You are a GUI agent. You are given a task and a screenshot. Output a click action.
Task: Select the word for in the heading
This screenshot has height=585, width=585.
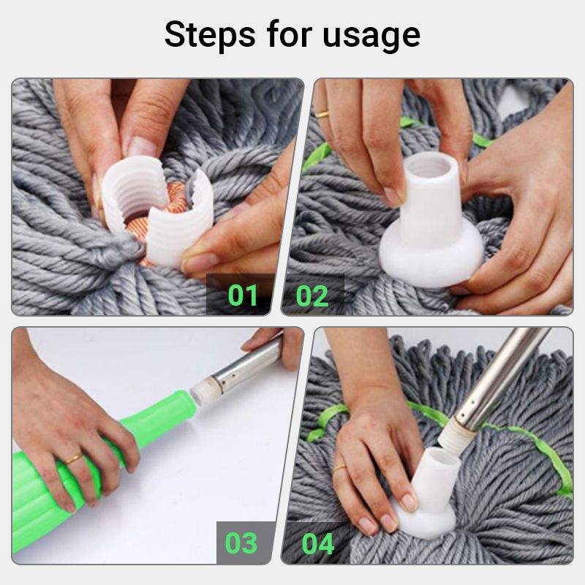(290, 34)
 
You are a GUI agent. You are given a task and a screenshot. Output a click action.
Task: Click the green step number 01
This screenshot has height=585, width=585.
(243, 295)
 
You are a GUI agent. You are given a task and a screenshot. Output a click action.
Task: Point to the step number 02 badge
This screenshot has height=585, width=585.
(312, 295)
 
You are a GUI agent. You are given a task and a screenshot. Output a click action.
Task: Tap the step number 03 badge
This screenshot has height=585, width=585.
(241, 543)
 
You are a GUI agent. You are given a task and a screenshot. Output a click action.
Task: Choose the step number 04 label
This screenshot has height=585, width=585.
(318, 543)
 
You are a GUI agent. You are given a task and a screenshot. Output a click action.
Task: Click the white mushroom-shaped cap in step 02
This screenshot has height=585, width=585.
(422, 234)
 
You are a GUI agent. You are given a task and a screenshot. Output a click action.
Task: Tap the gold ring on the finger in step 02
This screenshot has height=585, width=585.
(322, 113)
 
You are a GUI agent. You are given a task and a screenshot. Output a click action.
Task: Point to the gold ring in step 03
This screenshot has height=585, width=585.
(73, 459)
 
